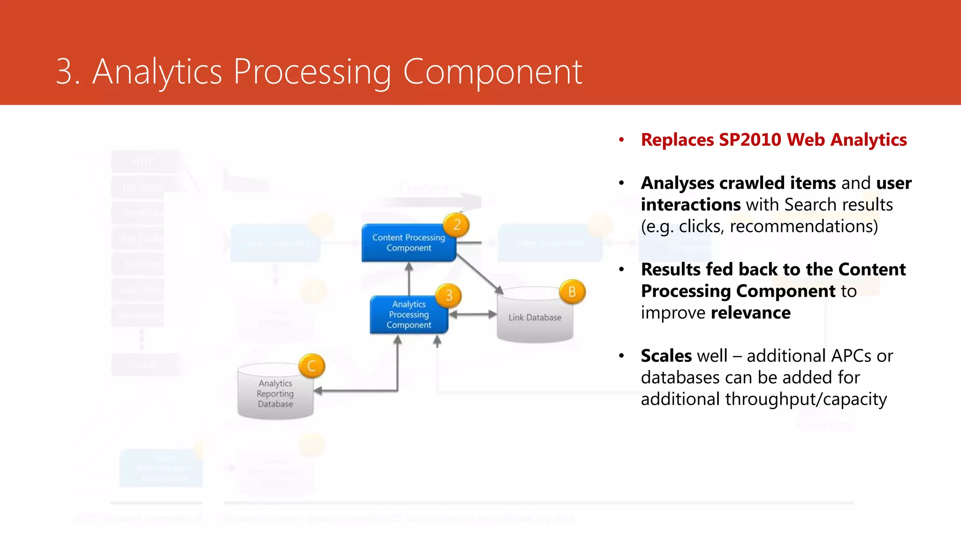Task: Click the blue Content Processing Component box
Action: pos(408,243)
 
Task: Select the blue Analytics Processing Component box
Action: pos(408,315)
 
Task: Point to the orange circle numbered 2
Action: pos(457,225)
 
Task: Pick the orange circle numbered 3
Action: pos(449,295)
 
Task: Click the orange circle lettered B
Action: pos(572,292)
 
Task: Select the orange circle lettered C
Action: pos(312,366)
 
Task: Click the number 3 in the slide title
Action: pos(65,72)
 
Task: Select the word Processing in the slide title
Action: pos(312,72)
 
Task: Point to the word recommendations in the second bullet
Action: pos(803,226)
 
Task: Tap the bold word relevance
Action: pos(751,313)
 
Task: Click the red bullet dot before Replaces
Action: pos(621,140)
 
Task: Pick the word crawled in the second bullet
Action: pos(752,183)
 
